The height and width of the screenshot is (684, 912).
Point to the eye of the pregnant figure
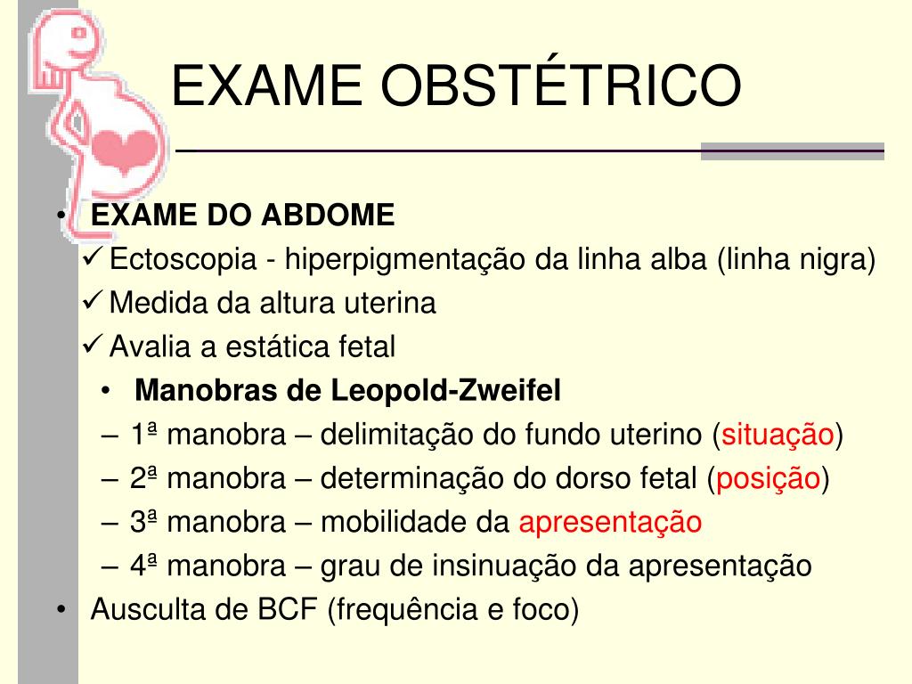[78, 33]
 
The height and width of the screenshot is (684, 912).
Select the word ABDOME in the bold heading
[328, 215]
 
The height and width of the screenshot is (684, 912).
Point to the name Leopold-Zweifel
[445, 391]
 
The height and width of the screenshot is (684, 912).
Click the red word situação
[778, 435]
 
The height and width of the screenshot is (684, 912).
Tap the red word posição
[768, 478]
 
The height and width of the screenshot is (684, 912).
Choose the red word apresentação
[610, 522]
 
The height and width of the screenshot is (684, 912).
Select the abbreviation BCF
[288, 609]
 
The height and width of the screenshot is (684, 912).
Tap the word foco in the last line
[541, 609]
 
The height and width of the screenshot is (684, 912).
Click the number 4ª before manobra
[143, 566]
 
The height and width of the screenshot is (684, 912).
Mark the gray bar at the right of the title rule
[792, 151]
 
